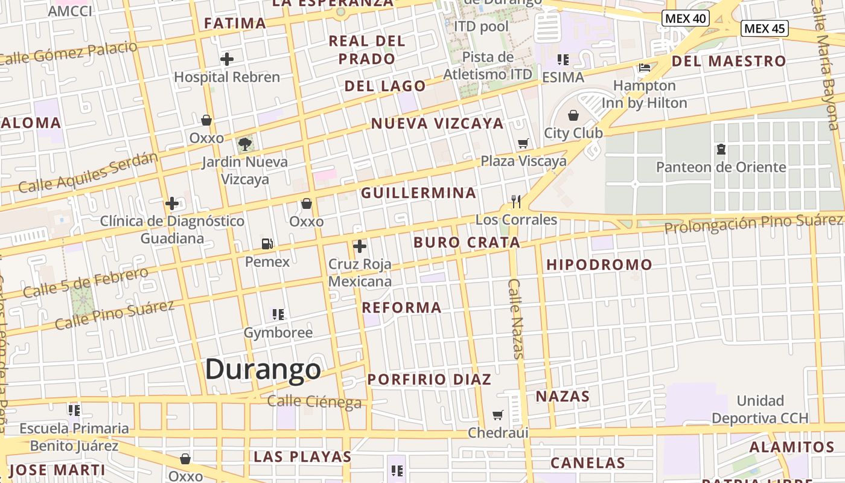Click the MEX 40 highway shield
pos(685,18)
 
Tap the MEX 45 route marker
pos(765,28)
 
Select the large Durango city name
pos(263,369)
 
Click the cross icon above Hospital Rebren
pos(227,59)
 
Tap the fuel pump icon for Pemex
pos(267,244)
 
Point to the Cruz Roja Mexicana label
pos(360,272)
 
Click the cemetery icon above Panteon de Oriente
pos(721,149)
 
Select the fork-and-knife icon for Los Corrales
pos(516,201)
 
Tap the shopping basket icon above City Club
pos(573,115)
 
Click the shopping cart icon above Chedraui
pos(498,415)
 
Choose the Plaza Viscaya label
pos(523,161)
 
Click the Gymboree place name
pos(278,332)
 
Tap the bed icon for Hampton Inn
pos(645,67)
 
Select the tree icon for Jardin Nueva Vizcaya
pos(245,144)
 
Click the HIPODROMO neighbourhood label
pos(599,264)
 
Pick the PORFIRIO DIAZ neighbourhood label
pos(429,380)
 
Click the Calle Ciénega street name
pos(314,401)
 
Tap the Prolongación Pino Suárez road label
pos(753,223)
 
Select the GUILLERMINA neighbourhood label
pos(418,193)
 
